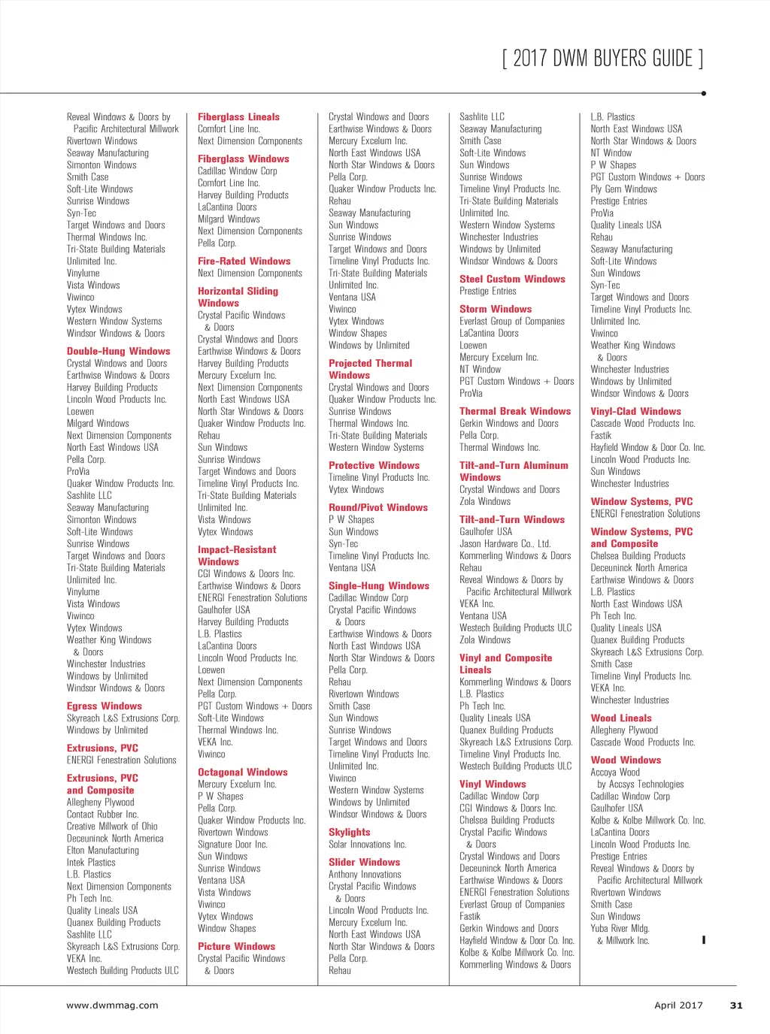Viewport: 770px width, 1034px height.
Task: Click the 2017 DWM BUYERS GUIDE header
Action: coord(602,59)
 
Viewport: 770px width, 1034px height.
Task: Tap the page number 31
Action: coord(736,1005)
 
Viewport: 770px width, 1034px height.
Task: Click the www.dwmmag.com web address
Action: coord(112,1005)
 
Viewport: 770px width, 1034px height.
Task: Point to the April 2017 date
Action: coord(678,1005)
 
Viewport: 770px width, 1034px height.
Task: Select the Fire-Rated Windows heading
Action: coord(244,261)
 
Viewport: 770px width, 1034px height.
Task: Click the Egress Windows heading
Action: coord(104,706)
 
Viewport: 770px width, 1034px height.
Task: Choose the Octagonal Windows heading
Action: coord(242,772)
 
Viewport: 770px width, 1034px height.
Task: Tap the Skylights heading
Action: coord(349,832)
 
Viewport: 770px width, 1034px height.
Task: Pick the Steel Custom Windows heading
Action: coord(512,279)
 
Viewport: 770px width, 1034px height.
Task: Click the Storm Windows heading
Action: coord(495,309)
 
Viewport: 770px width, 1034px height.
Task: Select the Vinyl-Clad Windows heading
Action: coord(635,411)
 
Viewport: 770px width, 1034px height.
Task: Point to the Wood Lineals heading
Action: coord(621,718)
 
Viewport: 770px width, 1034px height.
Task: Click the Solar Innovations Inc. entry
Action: coord(367,844)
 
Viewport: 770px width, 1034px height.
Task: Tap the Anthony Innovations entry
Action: coord(365,874)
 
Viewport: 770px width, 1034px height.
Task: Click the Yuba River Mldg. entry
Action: coord(620,928)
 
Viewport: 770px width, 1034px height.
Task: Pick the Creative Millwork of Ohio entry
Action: coord(112,826)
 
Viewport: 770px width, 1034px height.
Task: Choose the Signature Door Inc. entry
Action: coord(232,844)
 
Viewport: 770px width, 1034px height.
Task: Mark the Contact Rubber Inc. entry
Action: coord(102,814)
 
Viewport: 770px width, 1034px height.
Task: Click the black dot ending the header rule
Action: coord(703,93)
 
